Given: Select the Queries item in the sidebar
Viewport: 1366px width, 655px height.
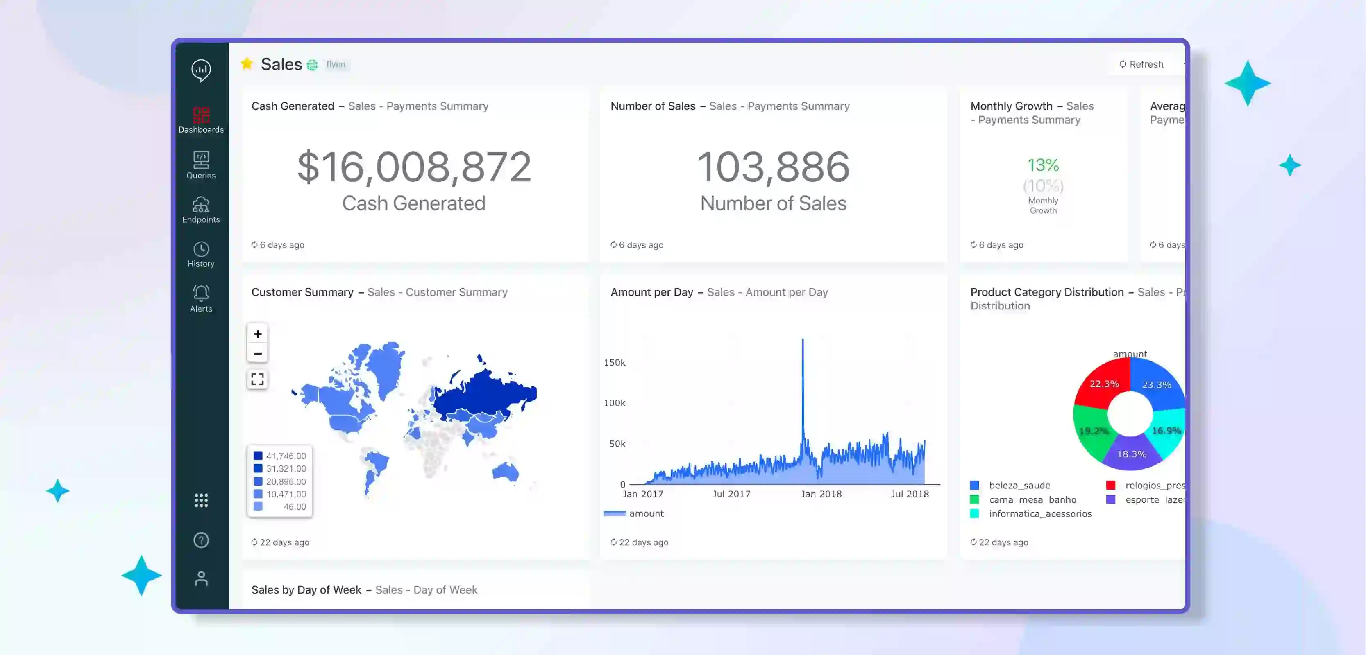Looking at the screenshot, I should pyautogui.click(x=201, y=165).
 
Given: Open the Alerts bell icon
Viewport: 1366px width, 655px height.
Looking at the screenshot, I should pyautogui.click(x=201, y=294).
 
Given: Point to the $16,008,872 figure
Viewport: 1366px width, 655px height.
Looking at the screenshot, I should pyautogui.click(x=414, y=167).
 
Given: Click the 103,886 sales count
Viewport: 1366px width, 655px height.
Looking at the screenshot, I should pyautogui.click(x=773, y=167).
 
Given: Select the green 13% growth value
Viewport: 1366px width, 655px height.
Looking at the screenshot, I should pyautogui.click(x=1043, y=165).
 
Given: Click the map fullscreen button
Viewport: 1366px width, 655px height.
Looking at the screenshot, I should pyautogui.click(x=258, y=379).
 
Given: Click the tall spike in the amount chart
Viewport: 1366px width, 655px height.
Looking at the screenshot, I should pyautogui.click(x=803, y=371).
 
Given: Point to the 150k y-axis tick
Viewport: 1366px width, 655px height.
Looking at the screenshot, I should pyautogui.click(x=614, y=362).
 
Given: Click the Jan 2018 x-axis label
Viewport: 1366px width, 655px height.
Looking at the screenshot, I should pyautogui.click(x=821, y=494).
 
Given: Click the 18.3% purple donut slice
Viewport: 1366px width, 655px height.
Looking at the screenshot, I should pyautogui.click(x=1131, y=454).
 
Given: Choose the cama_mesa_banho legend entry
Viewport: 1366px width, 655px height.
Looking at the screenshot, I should pyautogui.click(x=1032, y=500).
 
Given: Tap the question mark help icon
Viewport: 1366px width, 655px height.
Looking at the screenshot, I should pyautogui.click(x=201, y=540).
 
